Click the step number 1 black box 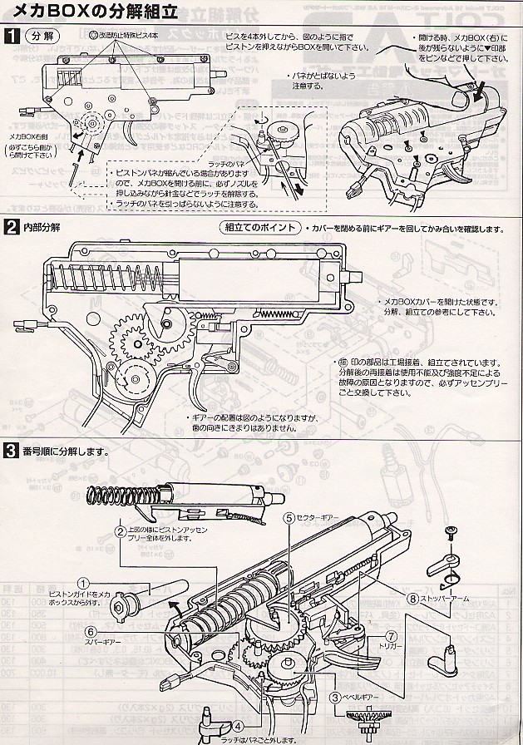point(11,37)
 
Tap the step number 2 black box point(11,226)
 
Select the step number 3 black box point(11,451)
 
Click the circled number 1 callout point(83,583)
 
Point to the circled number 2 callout point(121,530)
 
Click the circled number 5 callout point(289,517)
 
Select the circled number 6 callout point(90,631)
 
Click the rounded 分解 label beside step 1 point(39,37)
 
